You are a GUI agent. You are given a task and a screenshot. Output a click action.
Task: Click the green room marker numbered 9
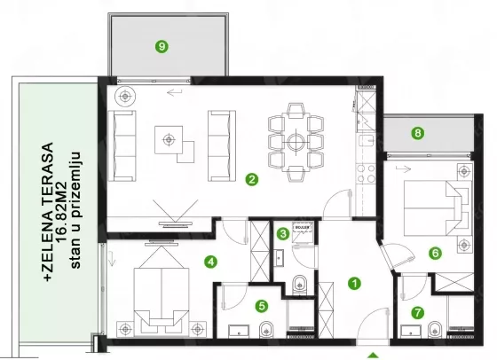(x=162, y=46)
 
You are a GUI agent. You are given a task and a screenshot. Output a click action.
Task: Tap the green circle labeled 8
(x=418, y=133)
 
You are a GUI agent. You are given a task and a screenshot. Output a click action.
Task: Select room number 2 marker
(x=252, y=179)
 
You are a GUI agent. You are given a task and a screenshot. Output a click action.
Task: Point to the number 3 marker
(x=283, y=234)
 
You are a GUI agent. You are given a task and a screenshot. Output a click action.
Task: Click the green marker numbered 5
(x=262, y=306)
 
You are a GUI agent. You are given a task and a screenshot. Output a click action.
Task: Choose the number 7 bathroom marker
(x=417, y=313)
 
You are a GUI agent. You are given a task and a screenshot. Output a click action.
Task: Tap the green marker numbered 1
(x=354, y=284)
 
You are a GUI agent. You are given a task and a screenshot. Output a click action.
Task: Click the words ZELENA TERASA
(x=48, y=212)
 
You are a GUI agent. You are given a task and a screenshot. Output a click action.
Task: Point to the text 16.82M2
(x=61, y=212)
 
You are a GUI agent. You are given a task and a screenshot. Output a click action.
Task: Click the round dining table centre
(x=296, y=142)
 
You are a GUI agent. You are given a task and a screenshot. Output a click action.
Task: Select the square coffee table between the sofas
(x=169, y=139)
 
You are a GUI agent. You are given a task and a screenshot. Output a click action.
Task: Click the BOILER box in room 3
(x=303, y=228)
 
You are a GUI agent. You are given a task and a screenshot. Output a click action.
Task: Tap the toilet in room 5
(x=265, y=330)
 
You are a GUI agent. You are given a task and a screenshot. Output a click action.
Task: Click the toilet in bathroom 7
(x=435, y=330)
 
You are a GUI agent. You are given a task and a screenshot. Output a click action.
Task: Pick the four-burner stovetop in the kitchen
(x=366, y=174)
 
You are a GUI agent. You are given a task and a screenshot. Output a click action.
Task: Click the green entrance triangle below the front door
(x=374, y=356)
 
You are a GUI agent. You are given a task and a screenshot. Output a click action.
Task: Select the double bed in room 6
(x=436, y=208)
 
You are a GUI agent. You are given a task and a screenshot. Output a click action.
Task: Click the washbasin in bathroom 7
(x=411, y=332)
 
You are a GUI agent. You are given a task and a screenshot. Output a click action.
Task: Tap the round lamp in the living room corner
(x=125, y=96)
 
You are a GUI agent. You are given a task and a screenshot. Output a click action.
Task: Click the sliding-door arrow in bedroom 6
(x=403, y=169)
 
